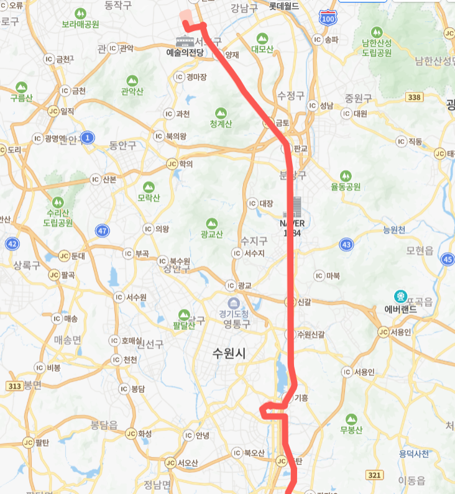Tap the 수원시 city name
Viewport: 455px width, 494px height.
click(229, 354)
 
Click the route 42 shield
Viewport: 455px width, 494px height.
click(12, 244)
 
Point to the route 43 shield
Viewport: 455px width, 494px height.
click(346, 245)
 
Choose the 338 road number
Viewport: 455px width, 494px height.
click(413, 97)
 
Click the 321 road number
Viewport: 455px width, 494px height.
click(374, 475)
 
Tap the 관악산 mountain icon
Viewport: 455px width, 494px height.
click(132, 81)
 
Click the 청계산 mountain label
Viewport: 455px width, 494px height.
click(221, 124)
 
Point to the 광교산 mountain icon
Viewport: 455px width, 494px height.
click(211, 223)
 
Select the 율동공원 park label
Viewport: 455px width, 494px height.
click(346, 186)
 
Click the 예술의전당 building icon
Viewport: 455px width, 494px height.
click(185, 42)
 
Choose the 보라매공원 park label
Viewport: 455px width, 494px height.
click(80, 24)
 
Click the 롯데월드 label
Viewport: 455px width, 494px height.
click(283, 6)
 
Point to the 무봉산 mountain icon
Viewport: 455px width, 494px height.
click(351, 419)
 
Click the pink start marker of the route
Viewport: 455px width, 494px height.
click(185, 16)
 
